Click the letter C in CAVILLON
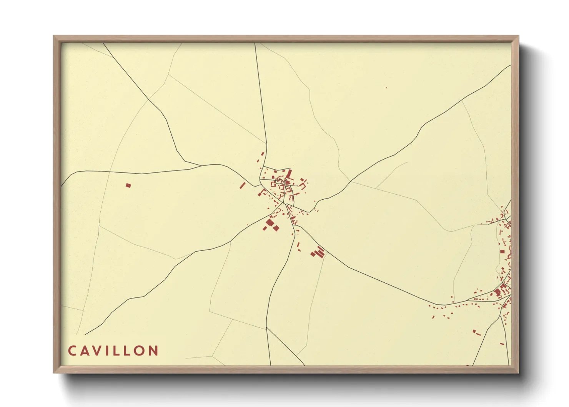(x=72, y=351)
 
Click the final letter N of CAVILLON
(x=154, y=351)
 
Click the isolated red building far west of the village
(x=128, y=185)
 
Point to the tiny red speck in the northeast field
(x=386, y=88)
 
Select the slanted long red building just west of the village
(x=242, y=186)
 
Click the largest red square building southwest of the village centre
(x=270, y=223)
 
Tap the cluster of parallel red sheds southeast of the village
(x=318, y=252)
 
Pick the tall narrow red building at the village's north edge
(x=289, y=174)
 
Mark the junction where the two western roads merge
(x=201, y=166)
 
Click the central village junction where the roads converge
(x=284, y=203)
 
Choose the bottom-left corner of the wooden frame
(x=54, y=372)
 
